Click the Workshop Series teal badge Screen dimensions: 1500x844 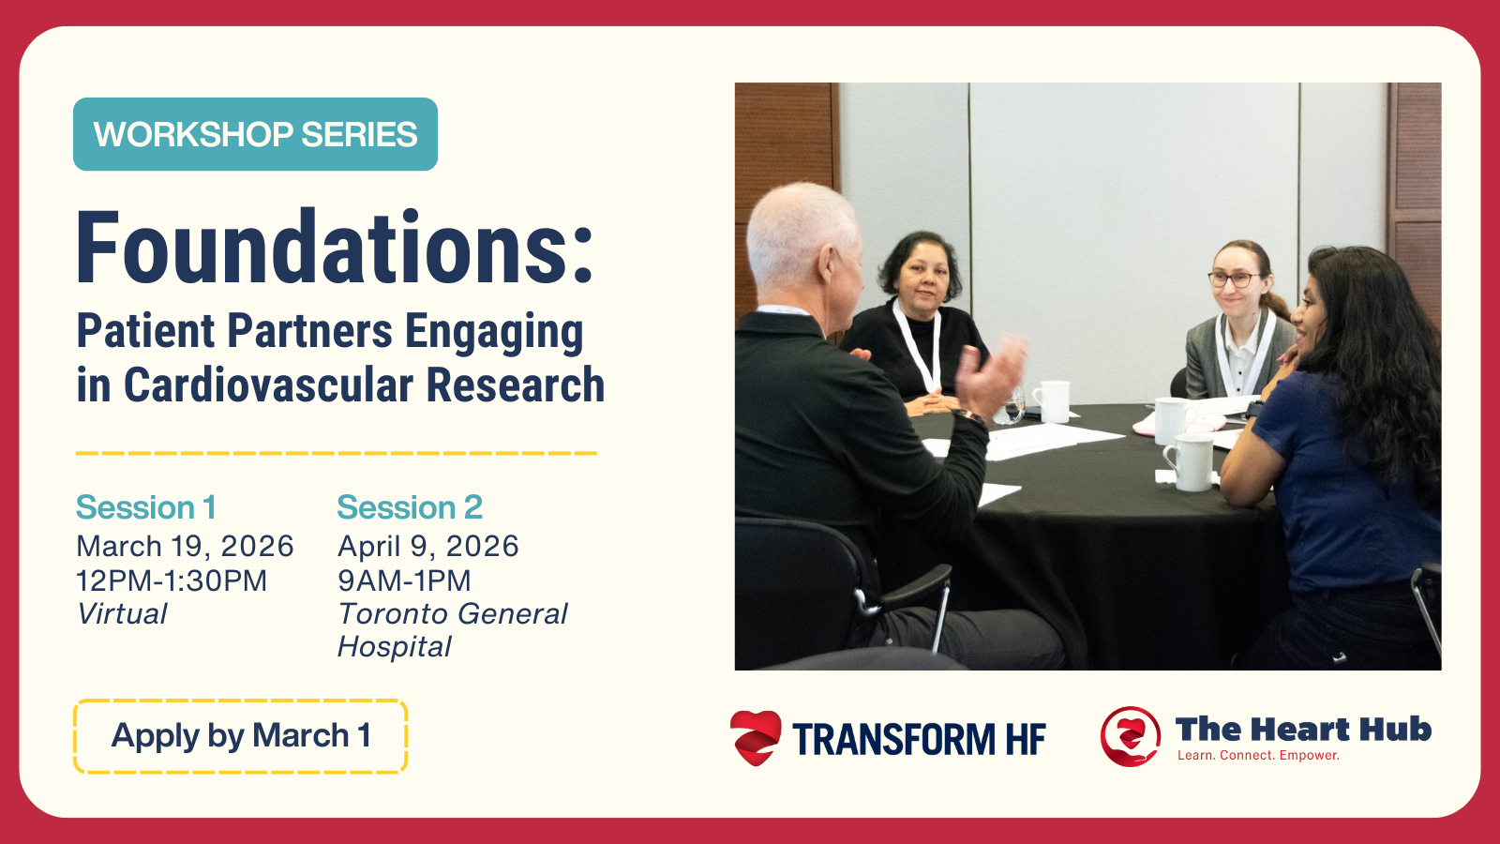(255, 134)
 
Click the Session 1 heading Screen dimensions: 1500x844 (146, 507)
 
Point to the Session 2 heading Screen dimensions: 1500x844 (410, 507)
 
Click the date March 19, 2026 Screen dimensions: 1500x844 (185, 547)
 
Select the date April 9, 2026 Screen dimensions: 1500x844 (427, 547)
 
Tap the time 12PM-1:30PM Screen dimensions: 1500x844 (172, 580)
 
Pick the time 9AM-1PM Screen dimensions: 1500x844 (404, 580)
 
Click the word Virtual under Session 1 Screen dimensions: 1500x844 (122, 614)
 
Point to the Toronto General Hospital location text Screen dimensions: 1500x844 (452, 630)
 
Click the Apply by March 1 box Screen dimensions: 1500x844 (240, 736)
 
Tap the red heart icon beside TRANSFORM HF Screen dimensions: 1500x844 (756, 737)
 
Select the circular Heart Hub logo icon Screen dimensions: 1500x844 (1131, 736)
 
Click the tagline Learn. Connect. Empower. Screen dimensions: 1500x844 (1258, 756)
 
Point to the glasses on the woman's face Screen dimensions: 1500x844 (1233, 279)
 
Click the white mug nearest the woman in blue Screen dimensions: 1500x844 (1191, 462)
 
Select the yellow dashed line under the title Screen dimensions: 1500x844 (337, 454)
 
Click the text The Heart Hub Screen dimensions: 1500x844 (1303, 729)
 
